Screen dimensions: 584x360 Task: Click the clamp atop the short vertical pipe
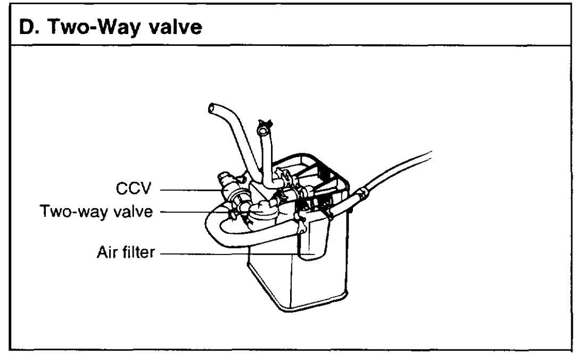tap(262, 128)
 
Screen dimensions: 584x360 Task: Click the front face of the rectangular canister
tap(272, 282)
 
